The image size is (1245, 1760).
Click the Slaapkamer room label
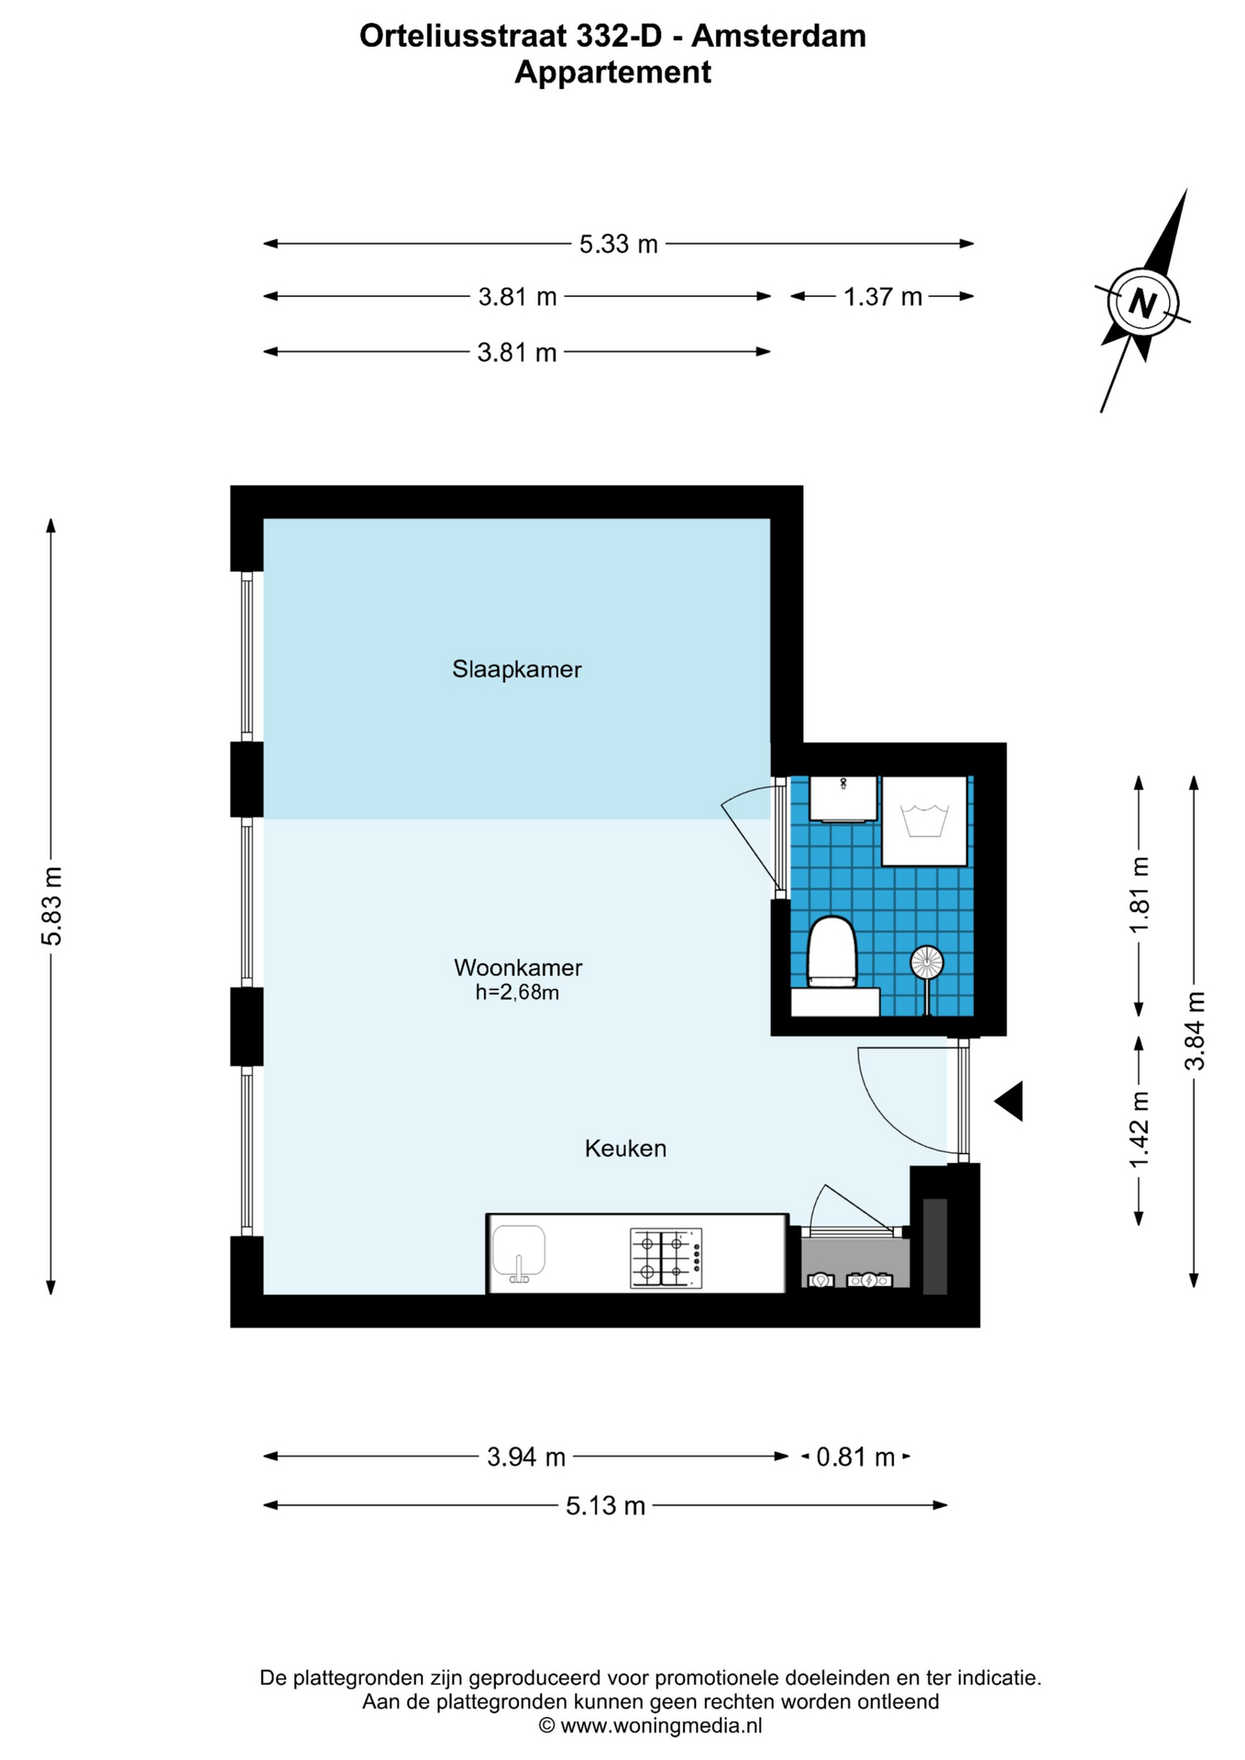coord(516,669)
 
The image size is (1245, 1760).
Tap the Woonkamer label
coord(518,967)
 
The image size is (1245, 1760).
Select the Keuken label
coord(625,1149)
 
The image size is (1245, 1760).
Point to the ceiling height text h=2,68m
coord(517,992)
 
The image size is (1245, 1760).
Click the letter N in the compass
coord(1142,302)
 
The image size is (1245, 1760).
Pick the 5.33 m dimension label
coord(618,245)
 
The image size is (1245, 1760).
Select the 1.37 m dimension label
coord(882,297)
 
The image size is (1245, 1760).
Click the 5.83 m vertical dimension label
coord(52,906)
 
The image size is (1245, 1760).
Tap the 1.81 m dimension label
coord(1140,895)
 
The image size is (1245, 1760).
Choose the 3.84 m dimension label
coord(1195,1031)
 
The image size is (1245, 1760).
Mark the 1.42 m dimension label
coord(1140,1130)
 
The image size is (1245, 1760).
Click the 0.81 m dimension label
coord(855,1457)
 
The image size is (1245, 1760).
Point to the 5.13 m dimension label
coord(605,1506)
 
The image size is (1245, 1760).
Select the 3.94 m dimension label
coord(526,1457)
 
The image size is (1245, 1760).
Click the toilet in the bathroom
coord(832,954)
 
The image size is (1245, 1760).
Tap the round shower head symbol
coord(926,962)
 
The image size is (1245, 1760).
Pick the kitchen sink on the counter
coord(519,1253)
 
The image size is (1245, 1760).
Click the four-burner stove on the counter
coord(667,1258)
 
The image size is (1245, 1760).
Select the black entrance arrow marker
coord(1009,1101)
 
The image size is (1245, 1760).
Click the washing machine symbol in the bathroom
coord(924,821)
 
